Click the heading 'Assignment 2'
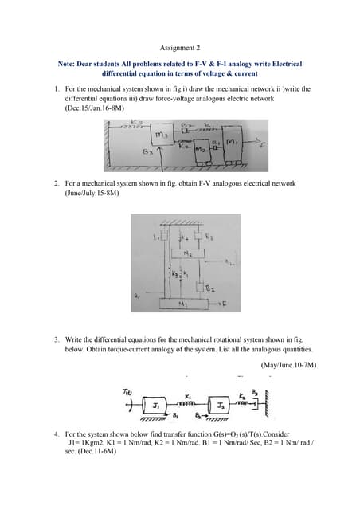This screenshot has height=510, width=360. pos(180,47)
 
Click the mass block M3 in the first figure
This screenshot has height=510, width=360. pos(160,135)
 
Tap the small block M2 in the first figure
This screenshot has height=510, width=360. pos(200,149)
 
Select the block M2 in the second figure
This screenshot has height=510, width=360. pos(187,253)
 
